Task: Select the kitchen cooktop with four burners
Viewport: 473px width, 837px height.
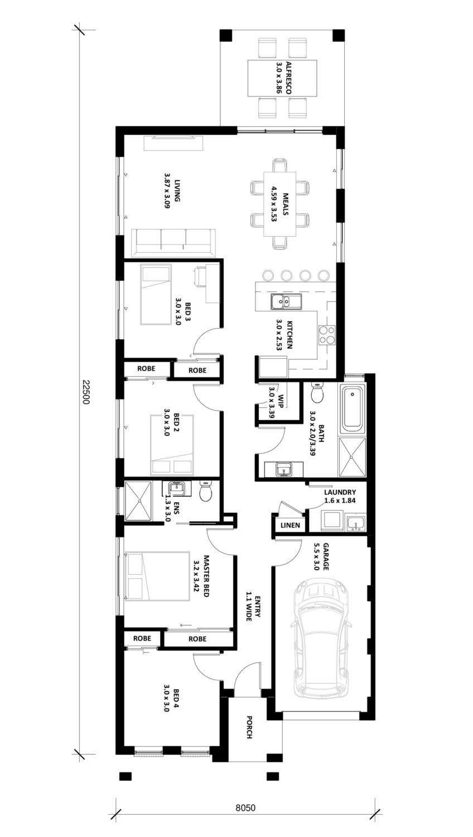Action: pos(326,335)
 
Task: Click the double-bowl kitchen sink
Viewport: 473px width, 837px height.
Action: pos(286,301)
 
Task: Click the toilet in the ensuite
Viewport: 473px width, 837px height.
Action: pos(206,490)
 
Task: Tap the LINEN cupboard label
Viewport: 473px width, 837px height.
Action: pos(290,525)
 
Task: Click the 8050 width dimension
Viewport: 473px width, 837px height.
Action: pos(245,808)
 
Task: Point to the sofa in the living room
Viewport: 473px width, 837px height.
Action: pos(173,242)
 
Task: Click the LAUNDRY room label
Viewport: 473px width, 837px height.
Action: pos(340,496)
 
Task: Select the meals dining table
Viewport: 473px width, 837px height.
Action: pos(280,204)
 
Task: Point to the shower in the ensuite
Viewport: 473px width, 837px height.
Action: pos(138,501)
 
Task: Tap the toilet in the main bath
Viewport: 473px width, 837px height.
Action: pos(317,393)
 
